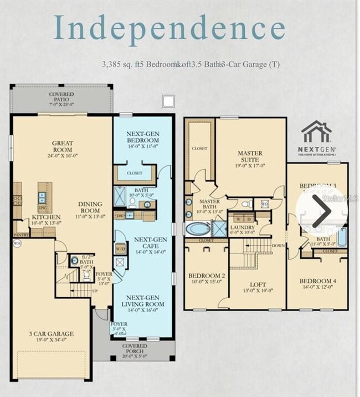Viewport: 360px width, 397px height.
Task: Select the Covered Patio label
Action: (x=61, y=99)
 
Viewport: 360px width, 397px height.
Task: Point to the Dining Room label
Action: (x=90, y=207)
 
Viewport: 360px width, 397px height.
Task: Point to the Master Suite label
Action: (x=250, y=156)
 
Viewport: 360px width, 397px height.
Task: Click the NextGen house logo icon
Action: (x=316, y=131)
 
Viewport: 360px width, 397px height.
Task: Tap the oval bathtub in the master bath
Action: (x=198, y=228)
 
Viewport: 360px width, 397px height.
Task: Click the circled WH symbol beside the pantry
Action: (x=17, y=243)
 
